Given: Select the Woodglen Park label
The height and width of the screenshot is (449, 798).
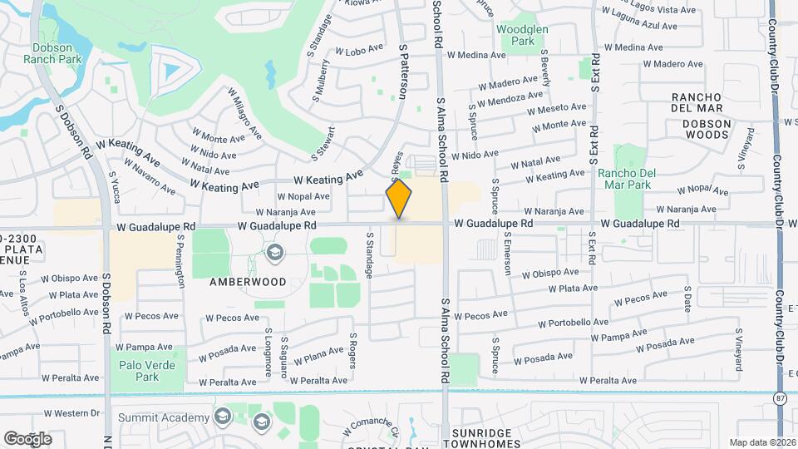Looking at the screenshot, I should point(522,34).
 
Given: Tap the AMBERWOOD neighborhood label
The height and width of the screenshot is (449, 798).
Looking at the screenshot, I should point(248,282).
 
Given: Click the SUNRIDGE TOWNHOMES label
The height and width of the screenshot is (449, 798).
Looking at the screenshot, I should point(496,433).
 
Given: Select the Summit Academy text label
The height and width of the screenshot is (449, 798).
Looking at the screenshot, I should point(164,417).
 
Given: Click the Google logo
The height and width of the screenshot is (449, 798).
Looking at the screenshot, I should point(27,438).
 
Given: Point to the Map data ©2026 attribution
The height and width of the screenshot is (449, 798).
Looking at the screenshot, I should point(761,442).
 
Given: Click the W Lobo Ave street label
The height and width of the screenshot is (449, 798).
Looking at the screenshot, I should point(357,50).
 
